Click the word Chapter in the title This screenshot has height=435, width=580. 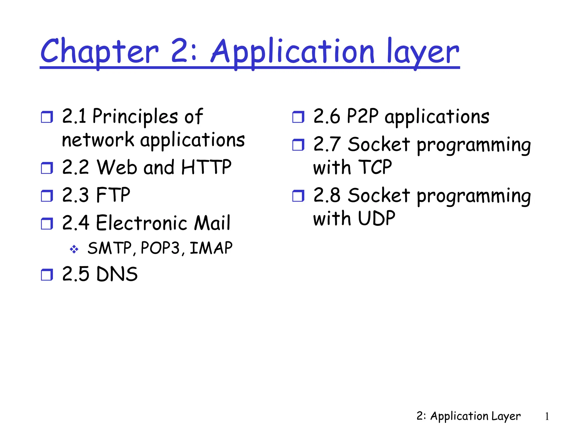99,52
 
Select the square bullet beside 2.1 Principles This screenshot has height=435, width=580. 47,117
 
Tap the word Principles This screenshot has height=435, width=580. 135,116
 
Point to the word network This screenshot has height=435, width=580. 98,140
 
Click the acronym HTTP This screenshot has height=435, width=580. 206,167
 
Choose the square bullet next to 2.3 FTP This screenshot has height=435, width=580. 47,196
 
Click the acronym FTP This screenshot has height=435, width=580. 113,195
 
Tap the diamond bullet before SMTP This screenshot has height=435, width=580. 74,249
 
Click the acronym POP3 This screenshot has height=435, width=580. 160,248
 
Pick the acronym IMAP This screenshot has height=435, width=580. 211,248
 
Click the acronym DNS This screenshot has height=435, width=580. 117,274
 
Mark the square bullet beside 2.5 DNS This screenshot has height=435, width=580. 47,275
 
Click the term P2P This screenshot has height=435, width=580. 362,116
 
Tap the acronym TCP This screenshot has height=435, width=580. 375,167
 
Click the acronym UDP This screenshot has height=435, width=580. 376,218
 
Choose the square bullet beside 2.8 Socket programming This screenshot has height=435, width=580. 298,196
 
